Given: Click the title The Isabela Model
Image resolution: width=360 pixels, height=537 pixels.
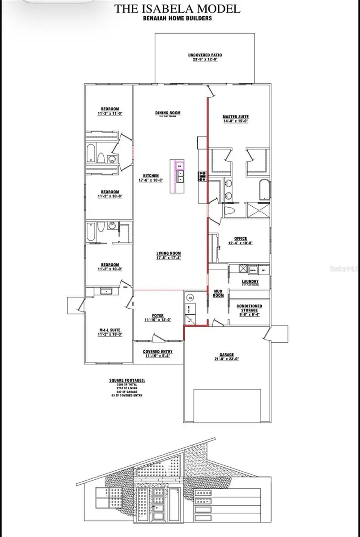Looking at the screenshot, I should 178,8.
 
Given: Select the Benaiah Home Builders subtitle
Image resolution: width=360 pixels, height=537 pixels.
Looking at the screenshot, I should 178,18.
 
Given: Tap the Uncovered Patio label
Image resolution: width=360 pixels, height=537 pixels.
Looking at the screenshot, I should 205,55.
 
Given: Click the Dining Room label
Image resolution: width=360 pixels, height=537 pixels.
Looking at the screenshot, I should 168,113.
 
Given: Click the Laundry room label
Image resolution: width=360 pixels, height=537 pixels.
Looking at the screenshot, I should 250,281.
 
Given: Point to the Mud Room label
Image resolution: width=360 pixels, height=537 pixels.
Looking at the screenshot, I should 218,293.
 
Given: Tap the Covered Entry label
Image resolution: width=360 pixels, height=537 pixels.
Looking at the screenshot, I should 158,352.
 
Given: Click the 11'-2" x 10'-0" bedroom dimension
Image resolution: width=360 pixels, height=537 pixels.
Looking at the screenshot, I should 110,269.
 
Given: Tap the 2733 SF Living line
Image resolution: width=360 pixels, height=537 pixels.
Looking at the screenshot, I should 127,388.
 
